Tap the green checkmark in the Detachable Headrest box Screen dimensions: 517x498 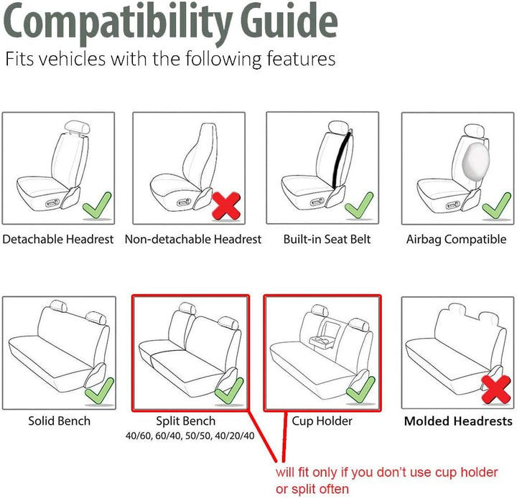click(x=97, y=206)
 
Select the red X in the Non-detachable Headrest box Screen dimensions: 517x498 click(x=226, y=206)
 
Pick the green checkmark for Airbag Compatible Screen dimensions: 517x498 click(x=497, y=206)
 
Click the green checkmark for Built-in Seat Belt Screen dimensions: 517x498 click(x=359, y=206)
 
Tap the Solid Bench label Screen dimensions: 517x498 click(x=60, y=421)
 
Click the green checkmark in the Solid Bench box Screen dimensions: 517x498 click(x=100, y=392)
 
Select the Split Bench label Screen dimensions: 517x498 click(x=186, y=421)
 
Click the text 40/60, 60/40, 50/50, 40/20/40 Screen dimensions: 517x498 click(x=190, y=436)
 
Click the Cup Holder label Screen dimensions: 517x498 click(x=322, y=421)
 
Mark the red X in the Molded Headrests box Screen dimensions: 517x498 click(x=496, y=389)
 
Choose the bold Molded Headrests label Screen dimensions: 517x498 click(x=458, y=421)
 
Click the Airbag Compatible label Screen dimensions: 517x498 click(x=457, y=239)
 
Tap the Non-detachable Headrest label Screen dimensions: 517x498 click(x=193, y=239)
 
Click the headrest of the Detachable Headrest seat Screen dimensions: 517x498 click(x=78, y=127)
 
